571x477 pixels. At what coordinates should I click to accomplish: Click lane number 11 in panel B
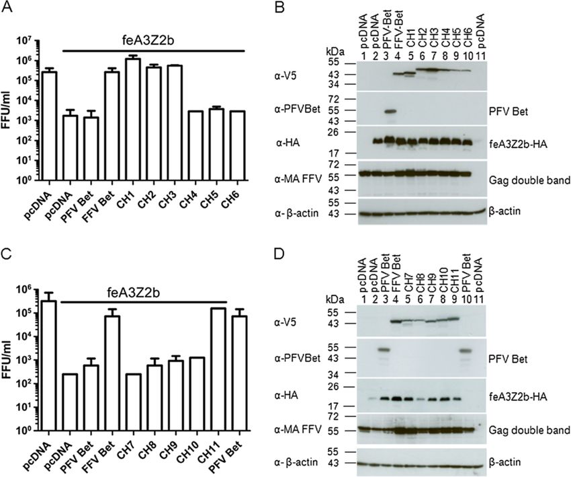click(478, 54)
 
